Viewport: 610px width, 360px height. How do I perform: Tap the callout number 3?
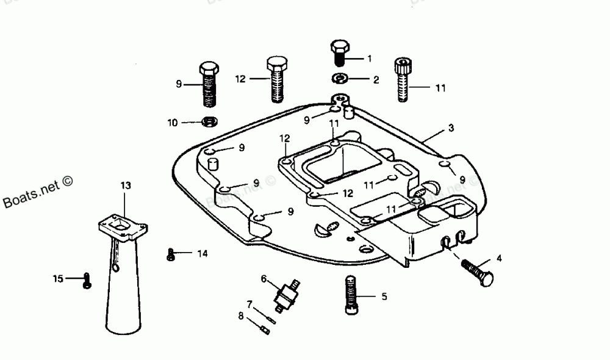[x=451, y=128]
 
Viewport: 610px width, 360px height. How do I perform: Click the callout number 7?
[x=249, y=304]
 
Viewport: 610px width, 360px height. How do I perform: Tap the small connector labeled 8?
[x=265, y=330]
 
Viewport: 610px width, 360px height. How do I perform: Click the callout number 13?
[x=126, y=184]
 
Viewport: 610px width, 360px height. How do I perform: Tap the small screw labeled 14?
[x=171, y=254]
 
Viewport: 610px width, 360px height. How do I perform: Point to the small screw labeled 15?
[x=87, y=281]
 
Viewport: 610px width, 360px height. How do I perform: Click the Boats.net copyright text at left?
[x=38, y=195]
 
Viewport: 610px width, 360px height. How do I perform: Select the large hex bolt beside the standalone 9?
[x=209, y=84]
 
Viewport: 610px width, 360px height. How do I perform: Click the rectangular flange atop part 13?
[x=123, y=228]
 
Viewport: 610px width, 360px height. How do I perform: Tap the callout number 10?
[x=173, y=123]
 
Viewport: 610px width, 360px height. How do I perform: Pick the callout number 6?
[x=264, y=279]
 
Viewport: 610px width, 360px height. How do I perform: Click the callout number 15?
[x=58, y=279]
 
